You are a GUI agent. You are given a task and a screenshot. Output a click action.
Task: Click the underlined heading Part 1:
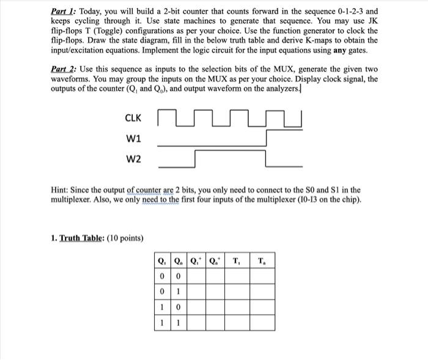[63, 12]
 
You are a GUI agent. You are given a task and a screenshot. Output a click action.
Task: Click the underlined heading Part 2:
[64, 70]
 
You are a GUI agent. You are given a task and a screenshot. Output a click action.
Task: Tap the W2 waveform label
[133, 160]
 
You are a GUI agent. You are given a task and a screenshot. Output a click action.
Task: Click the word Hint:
[62, 190]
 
